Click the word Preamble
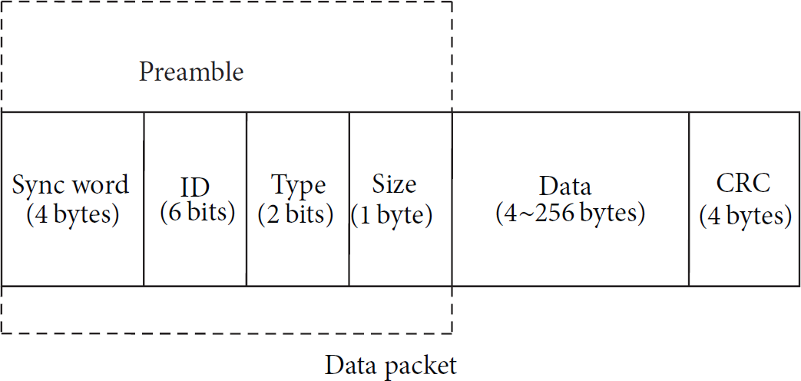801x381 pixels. point(191,72)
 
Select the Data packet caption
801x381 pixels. point(391,366)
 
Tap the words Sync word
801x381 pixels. point(71,184)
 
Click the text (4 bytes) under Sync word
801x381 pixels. point(72,215)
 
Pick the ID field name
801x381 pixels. point(195,188)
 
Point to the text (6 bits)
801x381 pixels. point(197,213)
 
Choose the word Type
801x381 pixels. point(298,187)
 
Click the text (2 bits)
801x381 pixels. point(296,215)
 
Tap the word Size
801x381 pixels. point(394,184)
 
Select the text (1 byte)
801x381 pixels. point(392,215)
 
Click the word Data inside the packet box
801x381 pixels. point(565,187)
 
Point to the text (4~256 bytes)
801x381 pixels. point(570,213)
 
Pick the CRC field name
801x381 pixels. point(743,184)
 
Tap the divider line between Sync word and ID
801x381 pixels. point(144,199)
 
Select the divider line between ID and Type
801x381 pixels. point(247,199)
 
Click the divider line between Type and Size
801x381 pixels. point(349,199)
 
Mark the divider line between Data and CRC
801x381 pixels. point(689,199)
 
